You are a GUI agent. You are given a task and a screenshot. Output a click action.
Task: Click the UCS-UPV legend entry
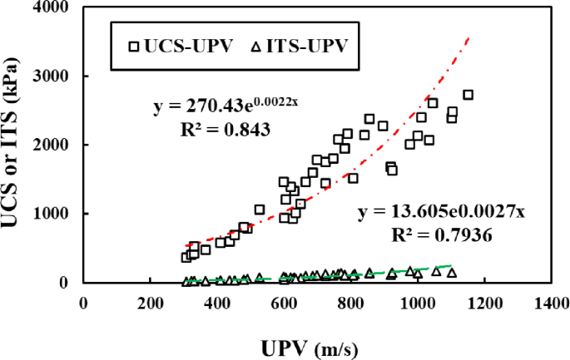181,47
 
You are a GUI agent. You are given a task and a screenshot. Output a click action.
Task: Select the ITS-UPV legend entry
300,47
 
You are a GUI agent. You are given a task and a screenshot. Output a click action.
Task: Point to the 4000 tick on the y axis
51,7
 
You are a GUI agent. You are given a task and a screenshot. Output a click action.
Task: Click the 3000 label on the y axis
51,76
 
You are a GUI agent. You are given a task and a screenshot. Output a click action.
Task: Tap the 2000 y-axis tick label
51,145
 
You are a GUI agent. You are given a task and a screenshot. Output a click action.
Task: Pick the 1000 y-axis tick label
51,213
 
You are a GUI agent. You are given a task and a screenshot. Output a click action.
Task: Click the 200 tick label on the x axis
150,303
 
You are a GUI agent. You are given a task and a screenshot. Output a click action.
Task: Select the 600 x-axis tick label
284,303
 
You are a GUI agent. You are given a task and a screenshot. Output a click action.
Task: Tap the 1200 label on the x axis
484,303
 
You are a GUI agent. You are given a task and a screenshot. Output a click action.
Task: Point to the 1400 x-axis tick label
552,303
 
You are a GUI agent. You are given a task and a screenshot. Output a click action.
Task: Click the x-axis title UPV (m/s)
310,349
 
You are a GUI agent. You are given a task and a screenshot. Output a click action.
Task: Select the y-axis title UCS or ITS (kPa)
10,142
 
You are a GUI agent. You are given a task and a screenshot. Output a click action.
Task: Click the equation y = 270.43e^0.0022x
226,106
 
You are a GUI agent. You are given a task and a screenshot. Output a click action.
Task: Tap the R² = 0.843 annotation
226,130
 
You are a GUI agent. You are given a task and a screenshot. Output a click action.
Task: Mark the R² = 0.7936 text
442,235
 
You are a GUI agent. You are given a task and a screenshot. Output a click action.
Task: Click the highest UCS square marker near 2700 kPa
468,95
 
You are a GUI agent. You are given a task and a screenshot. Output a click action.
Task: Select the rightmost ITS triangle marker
452,273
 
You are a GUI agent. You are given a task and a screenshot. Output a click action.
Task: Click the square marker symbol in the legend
135,47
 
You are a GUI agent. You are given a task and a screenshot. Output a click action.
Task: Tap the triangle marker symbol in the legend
256,47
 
